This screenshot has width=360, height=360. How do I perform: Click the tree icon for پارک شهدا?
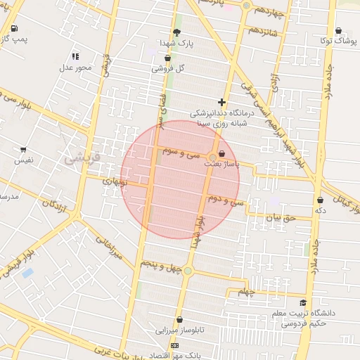[177, 32]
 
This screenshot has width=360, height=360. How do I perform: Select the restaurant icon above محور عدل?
[75, 56]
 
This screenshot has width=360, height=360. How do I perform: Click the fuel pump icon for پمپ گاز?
[15, 28]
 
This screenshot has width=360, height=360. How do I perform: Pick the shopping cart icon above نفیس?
[23, 150]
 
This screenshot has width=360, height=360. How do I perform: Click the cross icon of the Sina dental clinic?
[222, 102]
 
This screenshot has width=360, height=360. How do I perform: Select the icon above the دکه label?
[320, 200]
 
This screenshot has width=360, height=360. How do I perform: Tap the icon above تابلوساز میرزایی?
[179, 319]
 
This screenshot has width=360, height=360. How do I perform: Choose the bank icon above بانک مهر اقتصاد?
[175, 346]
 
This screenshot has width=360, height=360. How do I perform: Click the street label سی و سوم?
[182, 151]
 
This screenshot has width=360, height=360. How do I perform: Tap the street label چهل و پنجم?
[160, 264]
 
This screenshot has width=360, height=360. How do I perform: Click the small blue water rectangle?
[27, 272]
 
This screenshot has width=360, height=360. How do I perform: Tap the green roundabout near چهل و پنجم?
[187, 271]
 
